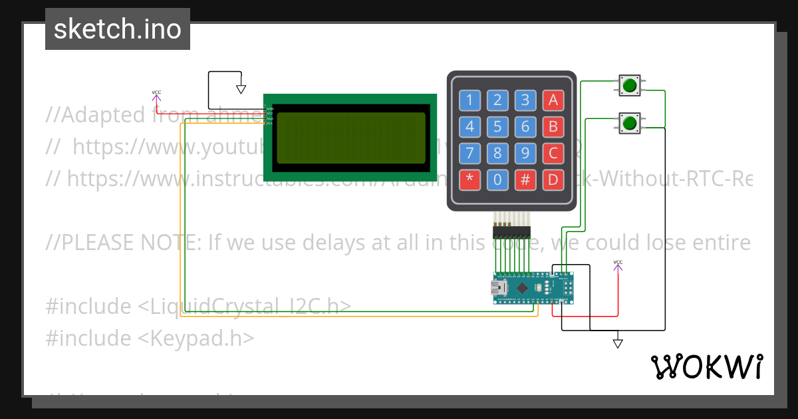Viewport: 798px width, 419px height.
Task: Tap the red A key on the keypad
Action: click(x=553, y=100)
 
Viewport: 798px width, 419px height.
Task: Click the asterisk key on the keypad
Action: click(x=469, y=180)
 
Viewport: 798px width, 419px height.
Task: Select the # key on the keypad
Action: click(x=525, y=180)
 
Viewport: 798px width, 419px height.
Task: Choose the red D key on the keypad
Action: click(x=553, y=180)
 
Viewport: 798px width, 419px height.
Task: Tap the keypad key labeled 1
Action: click(x=469, y=100)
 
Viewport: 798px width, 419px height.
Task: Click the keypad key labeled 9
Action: click(x=525, y=154)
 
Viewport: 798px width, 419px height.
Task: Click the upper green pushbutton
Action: click(x=629, y=84)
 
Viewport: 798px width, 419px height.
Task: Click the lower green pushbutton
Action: click(x=629, y=122)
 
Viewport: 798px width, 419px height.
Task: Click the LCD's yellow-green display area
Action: click(x=350, y=138)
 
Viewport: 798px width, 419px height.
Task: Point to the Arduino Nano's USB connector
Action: click(x=496, y=288)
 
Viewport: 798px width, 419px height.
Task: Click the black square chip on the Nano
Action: click(x=523, y=288)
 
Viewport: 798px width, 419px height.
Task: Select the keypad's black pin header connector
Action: click(x=511, y=231)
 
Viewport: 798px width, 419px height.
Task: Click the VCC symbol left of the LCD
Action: click(x=156, y=96)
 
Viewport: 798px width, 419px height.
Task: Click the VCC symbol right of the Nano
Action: click(x=618, y=266)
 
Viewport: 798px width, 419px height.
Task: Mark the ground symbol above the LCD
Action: click(x=241, y=89)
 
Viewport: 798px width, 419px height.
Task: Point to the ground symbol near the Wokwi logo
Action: click(x=618, y=344)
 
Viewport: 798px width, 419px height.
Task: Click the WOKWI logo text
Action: click(x=706, y=366)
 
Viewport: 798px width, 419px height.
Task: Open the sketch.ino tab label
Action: click(x=118, y=29)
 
